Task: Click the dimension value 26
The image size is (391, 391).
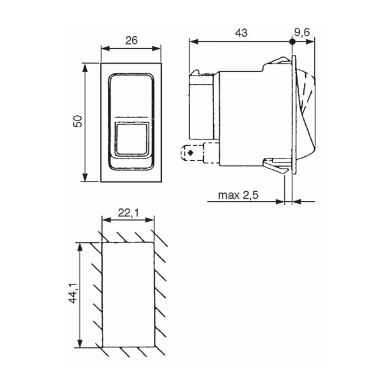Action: [130, 41]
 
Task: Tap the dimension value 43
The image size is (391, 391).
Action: [241, 33]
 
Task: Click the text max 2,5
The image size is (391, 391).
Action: [238, 195]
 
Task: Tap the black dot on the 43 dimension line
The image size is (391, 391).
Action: [292, 43]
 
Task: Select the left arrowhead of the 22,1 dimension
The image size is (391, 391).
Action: [104, 220]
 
